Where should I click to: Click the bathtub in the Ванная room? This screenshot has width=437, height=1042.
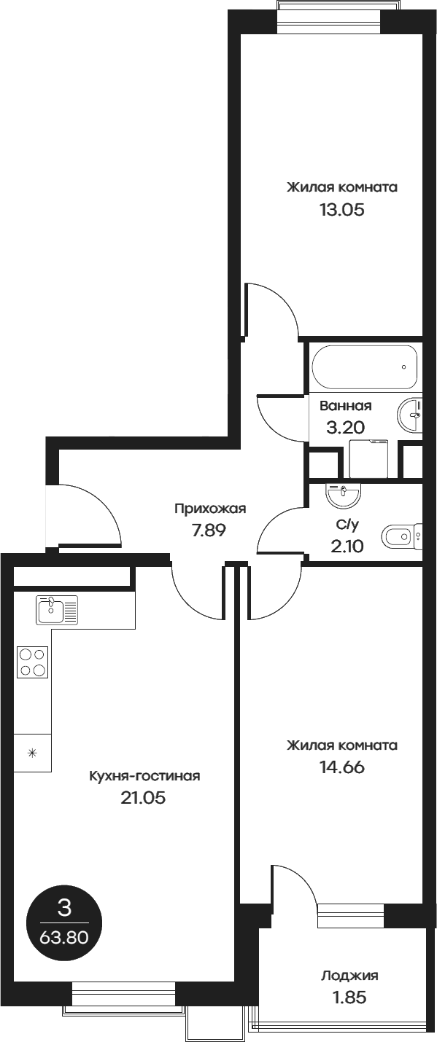click(364, 368)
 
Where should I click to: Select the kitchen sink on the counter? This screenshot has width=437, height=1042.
click(57, 609)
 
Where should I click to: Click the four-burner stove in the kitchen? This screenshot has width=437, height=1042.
click(33, 662)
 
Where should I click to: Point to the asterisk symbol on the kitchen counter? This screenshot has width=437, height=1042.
click(32, 753)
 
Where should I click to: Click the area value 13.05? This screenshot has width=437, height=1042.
click(341, 211)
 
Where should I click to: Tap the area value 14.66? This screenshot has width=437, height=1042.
click(341, 767)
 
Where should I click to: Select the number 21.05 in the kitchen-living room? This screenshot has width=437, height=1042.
click(143, 798)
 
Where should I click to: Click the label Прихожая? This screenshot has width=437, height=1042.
click(209, 509)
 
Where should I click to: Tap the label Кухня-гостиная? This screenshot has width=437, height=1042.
click(144, 776)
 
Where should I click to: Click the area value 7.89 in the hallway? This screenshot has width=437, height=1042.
click(209, 530)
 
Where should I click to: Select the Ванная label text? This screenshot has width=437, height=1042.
click(345, 407)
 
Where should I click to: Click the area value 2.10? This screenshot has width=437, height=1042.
click(347, 546)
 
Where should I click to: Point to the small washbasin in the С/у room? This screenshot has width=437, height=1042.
click(343, 496)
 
